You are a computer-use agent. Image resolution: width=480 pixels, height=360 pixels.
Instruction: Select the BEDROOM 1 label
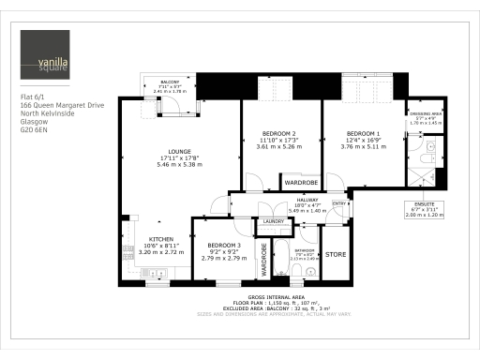(363, 133)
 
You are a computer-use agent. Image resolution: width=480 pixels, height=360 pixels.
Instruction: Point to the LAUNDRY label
(274, 221)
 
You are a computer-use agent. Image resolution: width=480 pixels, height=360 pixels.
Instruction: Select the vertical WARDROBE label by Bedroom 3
(264, 259)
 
